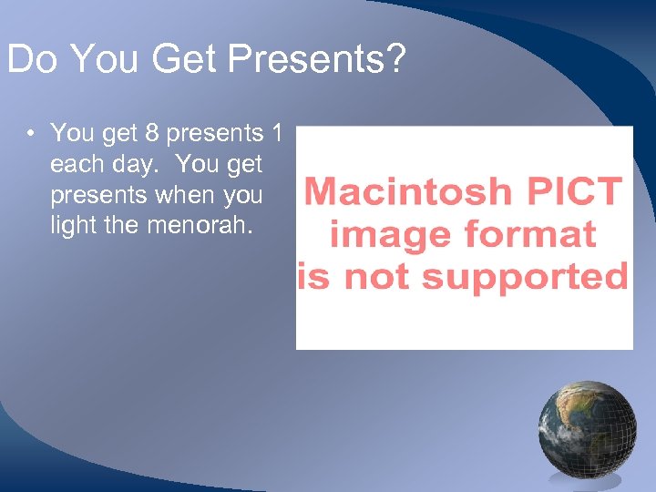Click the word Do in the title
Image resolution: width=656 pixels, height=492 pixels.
33,60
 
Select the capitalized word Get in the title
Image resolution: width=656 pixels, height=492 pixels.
186,60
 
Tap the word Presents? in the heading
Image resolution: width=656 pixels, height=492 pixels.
317,60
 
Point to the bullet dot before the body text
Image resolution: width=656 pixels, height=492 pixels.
31,134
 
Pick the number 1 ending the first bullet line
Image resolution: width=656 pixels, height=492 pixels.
277,134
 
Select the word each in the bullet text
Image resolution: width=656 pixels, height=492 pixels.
73,165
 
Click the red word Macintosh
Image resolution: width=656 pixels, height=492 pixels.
407,192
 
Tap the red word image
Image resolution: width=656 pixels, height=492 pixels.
386,234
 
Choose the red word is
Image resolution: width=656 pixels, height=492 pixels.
313,275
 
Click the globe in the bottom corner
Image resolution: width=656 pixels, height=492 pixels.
588,429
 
